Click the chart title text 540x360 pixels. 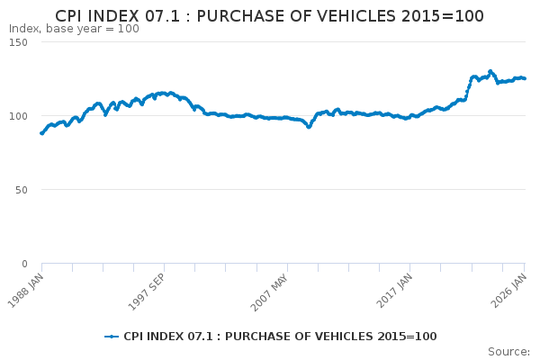tap(269, 15)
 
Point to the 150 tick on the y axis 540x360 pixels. tap(18, 42)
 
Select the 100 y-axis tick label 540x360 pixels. tap(18, 116)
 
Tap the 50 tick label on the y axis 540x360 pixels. tap(21, 190)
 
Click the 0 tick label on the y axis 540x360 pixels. tap(24, 264)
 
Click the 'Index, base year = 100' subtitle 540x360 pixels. tap(74, 29)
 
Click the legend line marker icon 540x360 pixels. tap(112, 337)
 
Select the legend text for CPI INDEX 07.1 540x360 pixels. tap(280, 337)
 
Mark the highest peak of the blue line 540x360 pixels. tap(490, 71)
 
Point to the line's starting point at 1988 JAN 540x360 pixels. tap(41, 133)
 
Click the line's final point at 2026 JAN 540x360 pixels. tap(525, 78)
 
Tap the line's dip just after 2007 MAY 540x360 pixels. tap(309, 127)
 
